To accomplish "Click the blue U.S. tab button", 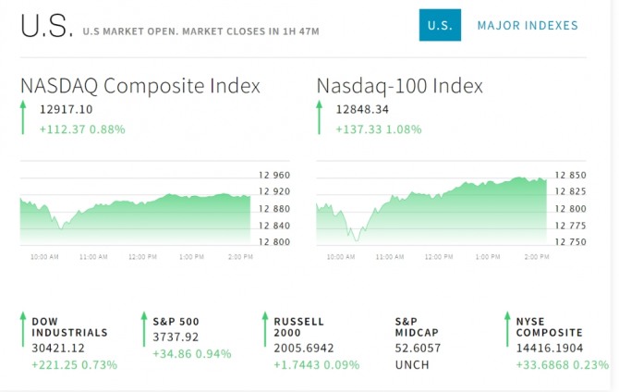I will [439, 25].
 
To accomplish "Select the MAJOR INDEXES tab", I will [528, 25].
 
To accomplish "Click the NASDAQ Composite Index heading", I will [140, 86].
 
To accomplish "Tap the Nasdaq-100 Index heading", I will [399, 86].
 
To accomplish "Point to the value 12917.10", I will [66, 109].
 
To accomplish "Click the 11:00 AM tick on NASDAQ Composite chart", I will [93, 257].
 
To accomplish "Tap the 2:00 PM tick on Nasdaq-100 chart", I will [530, 257].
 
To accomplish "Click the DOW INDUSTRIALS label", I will [70, 327].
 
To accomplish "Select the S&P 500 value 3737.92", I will [176, 337].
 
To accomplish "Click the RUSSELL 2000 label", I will [299, 327].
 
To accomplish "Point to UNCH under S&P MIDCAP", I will [413, 366].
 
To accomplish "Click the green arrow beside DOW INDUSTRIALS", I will [23, 329].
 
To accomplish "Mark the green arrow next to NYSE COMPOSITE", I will [506, 329].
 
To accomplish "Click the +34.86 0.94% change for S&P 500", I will [192, 353].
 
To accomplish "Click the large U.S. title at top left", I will [46, 28].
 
